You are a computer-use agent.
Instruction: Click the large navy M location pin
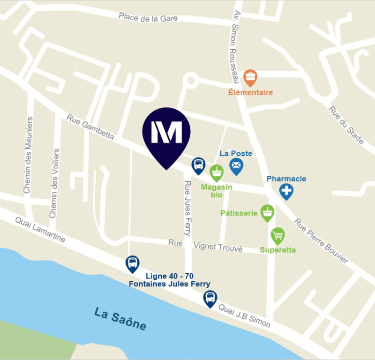tap(166, 134)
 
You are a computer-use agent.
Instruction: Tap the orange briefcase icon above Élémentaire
tap(250, 77)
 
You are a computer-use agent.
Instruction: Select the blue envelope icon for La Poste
tap(236, 165)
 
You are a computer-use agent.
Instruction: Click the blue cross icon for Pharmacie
tap(286, 191)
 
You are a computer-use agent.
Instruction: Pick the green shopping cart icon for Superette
tap(278, 235)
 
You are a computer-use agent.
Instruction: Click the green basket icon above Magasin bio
tap(216, 172)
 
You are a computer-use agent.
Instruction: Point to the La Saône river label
tap(120, 318)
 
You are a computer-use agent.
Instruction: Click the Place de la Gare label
tap(148, 17)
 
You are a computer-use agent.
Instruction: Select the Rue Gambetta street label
tap(90, 127)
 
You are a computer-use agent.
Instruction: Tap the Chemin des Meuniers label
tap(28, 155)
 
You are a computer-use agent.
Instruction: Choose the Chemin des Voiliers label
tap(54, 183)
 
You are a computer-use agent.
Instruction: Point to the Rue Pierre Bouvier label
tap(321, 240)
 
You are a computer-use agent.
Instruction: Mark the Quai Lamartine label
tap(40, 230)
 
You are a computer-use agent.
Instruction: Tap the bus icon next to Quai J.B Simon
tap(210, 298)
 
